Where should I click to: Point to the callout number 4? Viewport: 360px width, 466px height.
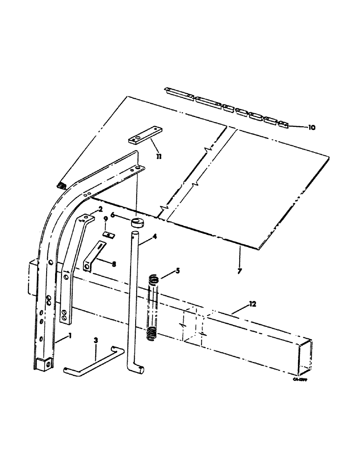pyautogui.click(x=154, y=237)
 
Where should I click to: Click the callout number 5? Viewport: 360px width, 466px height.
pyautogui.click(x=177, y=270)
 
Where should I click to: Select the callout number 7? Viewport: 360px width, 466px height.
pyautogui.click(x=240, y=271)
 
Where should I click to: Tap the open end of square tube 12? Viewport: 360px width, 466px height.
pyautogui.click(x=304, y=358)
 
